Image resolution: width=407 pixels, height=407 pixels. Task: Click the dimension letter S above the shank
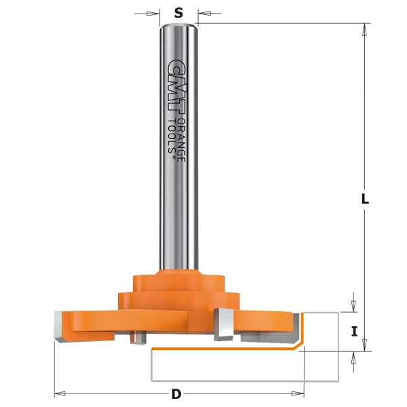coord(178,13)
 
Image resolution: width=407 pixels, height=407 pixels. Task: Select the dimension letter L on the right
coord(365,199)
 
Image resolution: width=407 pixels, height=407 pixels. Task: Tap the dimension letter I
coord(354,332)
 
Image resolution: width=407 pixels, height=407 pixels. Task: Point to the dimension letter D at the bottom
coord(176,395)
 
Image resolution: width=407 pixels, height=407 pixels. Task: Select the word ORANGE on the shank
coord(181,140)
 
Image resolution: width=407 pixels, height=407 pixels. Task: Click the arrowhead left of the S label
coord(153,14)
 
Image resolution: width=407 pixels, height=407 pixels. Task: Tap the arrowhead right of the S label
coord(204,13)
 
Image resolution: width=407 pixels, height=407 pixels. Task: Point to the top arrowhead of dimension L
coord(365,30)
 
